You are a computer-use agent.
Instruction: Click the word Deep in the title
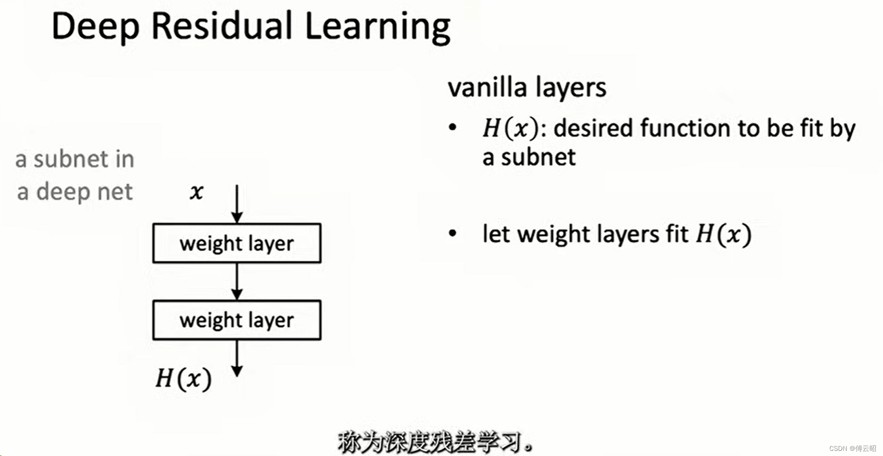click(95, 27)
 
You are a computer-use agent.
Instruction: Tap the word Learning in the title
click(377, 27)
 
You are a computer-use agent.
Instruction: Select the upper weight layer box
click(236, 243)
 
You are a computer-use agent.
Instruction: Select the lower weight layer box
click(236, 320)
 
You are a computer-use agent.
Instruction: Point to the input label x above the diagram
click(196, 192)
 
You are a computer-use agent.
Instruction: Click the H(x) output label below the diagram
click(183, 378)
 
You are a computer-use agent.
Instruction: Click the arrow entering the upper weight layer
click(237, 203)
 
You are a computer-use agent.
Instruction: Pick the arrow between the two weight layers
click(237, 281)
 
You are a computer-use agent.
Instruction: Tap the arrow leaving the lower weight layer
click(237, 358)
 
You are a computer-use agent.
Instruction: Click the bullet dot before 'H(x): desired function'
click(453, 128)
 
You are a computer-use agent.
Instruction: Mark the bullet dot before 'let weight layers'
click(453, 233)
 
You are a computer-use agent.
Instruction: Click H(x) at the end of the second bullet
click(723, 234)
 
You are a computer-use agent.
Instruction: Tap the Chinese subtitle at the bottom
click(435, 442)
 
